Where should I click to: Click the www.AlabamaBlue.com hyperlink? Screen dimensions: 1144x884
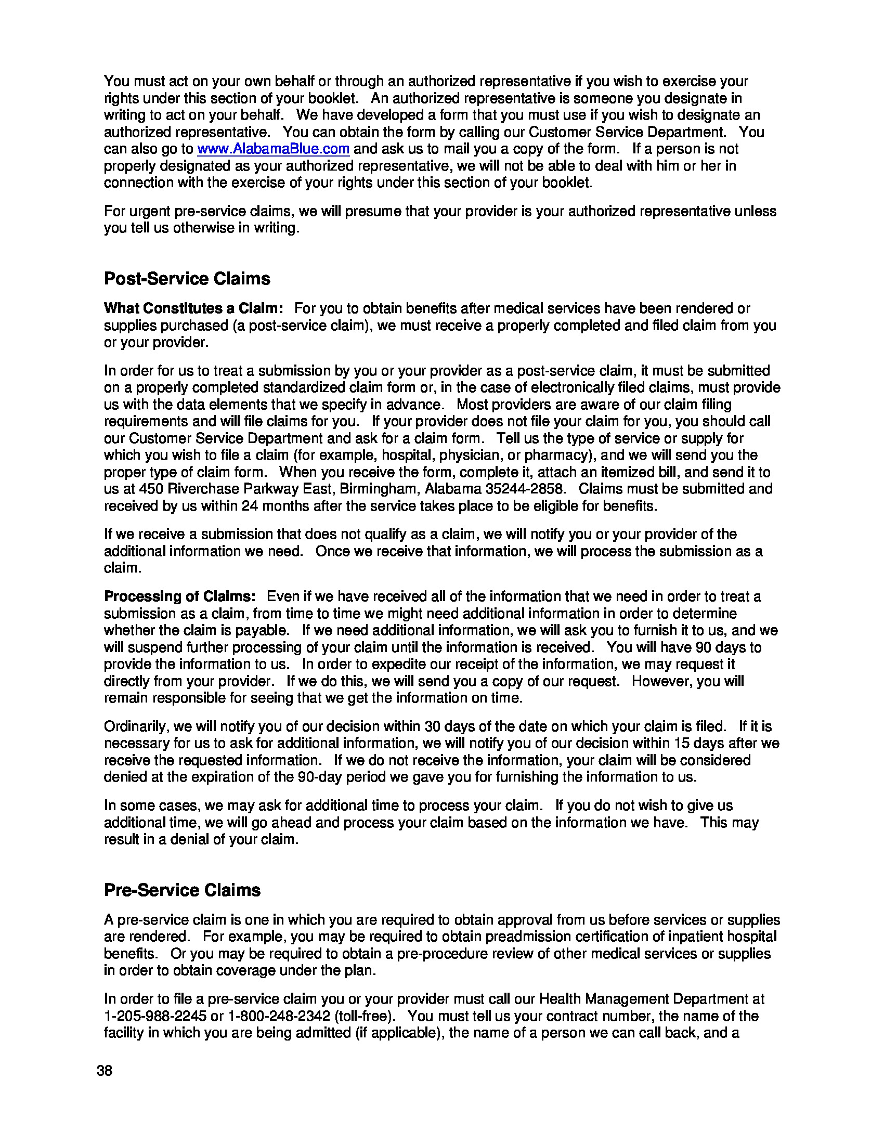point(273,149)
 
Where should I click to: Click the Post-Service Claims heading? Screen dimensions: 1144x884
point(187,278)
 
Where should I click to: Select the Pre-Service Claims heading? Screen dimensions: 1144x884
point(181,890)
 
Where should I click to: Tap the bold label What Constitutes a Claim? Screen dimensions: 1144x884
point(193,308)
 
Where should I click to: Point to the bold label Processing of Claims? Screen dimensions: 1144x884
point(179,596)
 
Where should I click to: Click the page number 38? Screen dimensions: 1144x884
point(104,1071)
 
